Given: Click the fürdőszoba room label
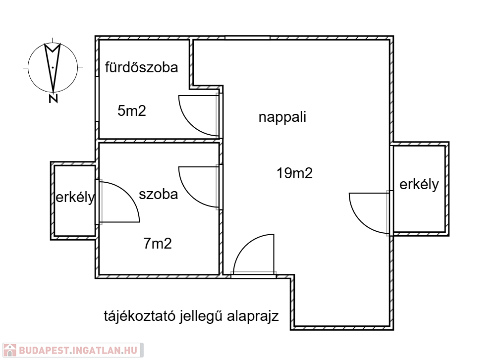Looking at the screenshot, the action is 141,67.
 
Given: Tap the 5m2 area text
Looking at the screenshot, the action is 132,110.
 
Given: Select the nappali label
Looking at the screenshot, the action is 282,117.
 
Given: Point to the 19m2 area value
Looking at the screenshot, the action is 294,173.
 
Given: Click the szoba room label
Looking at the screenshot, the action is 158,194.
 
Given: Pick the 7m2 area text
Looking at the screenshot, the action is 158,244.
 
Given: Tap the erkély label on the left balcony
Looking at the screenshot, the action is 75,197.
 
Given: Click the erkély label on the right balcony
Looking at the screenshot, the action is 419,184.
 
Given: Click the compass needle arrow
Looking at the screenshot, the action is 53,67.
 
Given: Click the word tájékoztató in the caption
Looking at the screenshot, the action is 140,316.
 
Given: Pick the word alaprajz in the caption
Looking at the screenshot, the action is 253,316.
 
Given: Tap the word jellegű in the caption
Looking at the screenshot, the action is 201,316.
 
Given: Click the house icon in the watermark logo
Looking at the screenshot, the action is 9,350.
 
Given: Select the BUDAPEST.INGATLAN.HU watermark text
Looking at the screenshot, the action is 78,351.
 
